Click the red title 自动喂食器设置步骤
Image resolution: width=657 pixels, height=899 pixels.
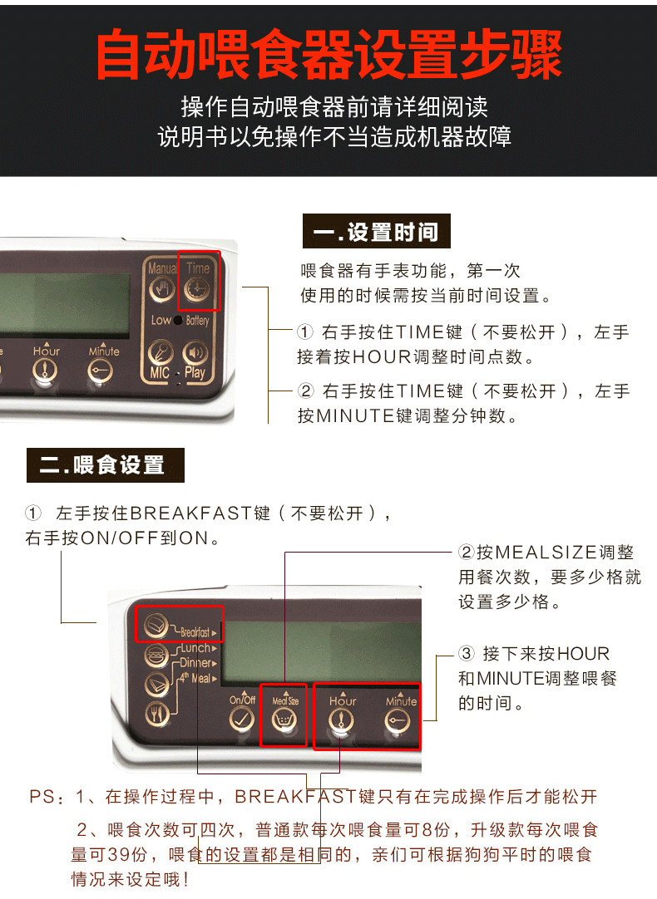click(328, 55)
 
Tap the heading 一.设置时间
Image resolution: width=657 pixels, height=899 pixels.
click(377, 232)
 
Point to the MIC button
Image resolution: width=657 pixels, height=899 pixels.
click(160, 351)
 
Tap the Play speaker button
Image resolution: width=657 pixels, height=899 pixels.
click(195, 352)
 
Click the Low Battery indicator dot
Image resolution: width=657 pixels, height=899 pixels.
click(178, 321)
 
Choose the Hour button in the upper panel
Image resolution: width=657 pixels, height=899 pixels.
click(45, 371)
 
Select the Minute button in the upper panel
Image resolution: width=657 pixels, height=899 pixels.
click(101, 371)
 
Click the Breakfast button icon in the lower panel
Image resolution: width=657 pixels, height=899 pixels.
click(156, 624)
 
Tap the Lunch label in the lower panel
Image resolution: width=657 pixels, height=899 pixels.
click(195, 648)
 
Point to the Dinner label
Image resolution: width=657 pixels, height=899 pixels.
click(195, 663)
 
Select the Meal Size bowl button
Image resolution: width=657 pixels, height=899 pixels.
click(284, 720)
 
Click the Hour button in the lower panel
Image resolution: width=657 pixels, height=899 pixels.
click(341, 720)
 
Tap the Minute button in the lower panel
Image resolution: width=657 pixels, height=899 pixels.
click(397, 720)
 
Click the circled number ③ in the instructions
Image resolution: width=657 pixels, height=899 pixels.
click(467, 654)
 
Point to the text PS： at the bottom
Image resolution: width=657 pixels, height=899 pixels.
click(47, 796)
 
